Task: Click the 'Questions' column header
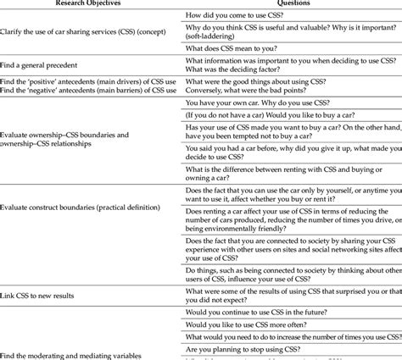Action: click(x=291, y=4)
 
